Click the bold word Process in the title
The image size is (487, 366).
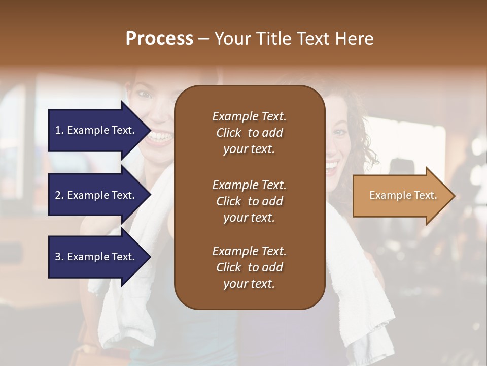159,39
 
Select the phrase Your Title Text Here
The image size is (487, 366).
294,39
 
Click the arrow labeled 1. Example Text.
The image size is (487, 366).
95,130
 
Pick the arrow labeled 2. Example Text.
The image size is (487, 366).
95,195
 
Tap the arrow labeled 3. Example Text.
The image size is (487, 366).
95,257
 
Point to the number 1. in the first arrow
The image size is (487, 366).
59,130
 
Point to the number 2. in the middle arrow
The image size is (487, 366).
59,195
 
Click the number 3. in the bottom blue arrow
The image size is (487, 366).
59,257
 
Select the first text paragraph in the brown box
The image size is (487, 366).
249,133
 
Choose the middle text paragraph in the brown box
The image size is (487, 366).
249,201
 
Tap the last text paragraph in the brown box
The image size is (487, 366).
249,267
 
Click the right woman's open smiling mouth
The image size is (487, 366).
331,165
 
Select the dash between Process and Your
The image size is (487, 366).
204,39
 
